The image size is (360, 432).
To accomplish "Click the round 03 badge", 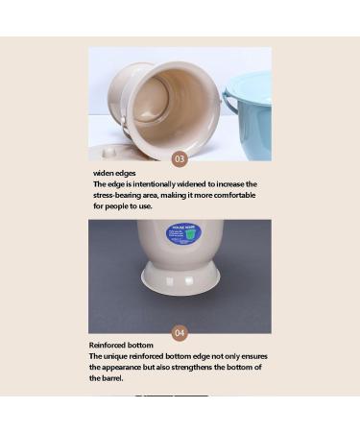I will (180, 158).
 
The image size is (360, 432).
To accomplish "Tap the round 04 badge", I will (180, 333).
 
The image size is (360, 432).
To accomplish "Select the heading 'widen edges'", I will (114, 173).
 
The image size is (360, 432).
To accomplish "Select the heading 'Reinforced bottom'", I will (121, 346).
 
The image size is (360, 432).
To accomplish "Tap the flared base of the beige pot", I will (180, 277).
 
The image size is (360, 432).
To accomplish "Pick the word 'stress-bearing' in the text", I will (116, 195).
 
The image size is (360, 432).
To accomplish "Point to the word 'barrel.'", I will (107, 378).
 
